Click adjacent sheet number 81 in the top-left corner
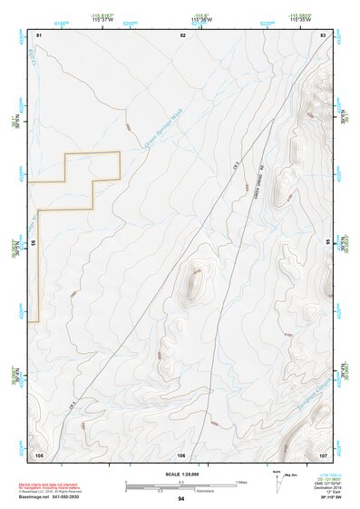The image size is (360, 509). pos(39,34)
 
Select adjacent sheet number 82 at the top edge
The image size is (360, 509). pos(183,34)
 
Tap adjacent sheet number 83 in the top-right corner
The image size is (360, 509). pos(323,34)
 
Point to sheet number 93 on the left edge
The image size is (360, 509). pos(35,243)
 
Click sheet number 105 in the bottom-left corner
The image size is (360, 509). pos(39,454)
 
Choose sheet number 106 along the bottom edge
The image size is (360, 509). pos(181,454)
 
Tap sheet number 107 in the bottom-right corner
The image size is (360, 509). pos(323,454)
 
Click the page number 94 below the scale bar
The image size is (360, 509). pos(181,499)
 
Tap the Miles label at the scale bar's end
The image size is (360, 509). pos(241,482)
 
